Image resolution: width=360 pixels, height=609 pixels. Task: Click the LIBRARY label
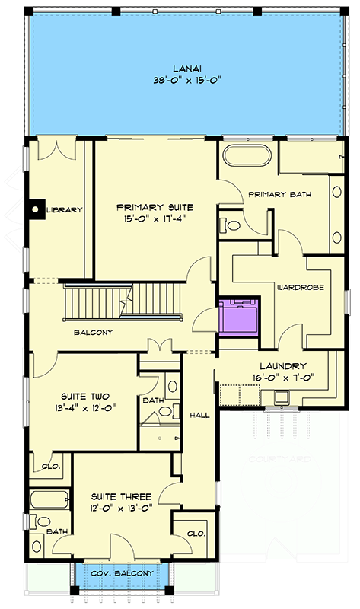(64, 210)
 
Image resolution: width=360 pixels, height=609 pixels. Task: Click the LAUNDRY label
(282, 365)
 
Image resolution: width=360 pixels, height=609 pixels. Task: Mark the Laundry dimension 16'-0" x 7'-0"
(282, 376)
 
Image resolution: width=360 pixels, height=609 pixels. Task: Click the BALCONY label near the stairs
(93, 333)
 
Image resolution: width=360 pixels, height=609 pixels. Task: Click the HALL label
(199, 415)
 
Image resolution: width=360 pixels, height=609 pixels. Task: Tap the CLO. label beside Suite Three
(195, 534)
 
